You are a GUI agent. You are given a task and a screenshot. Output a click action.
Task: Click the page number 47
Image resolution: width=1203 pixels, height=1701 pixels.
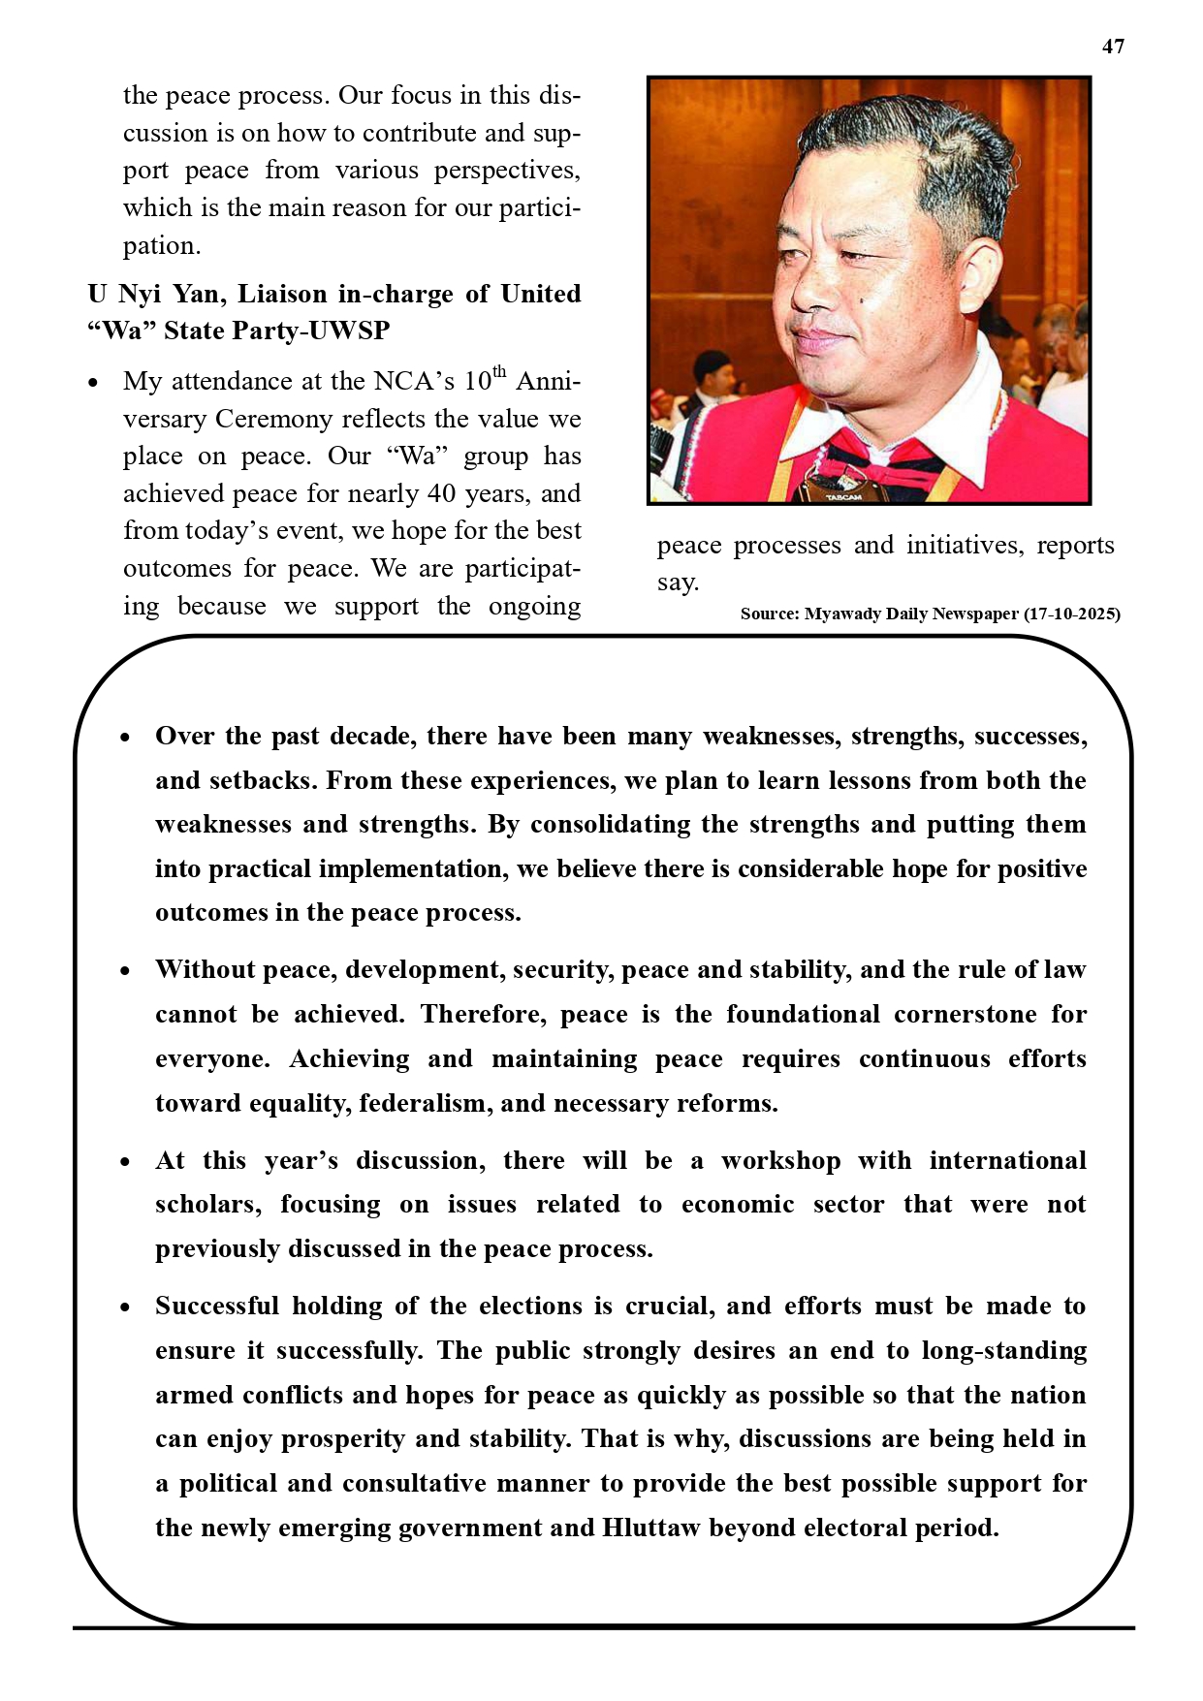(1113, 47)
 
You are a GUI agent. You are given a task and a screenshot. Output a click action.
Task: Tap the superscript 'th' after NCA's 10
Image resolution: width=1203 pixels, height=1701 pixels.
(499, 372)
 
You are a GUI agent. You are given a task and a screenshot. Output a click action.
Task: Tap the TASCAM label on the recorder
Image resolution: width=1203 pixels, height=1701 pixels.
(842, 497)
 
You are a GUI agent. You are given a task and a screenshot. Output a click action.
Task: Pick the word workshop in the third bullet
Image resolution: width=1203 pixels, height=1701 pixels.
(780, 1160)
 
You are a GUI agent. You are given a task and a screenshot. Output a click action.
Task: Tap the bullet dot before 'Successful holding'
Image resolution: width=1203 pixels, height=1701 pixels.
(125, 1307)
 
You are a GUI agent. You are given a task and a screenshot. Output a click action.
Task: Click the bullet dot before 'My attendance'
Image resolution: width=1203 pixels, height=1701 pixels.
(93, 383)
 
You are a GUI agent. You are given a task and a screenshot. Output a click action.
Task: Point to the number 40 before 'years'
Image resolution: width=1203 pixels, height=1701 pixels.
(442, 493)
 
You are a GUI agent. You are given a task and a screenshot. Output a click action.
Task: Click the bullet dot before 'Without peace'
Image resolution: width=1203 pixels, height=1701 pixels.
(125, 971)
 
